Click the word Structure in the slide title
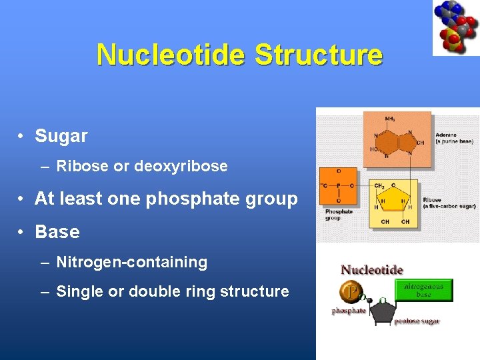click(319, 55)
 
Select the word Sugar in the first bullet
click(61, 136)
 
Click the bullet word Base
click(57, 232)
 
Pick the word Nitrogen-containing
click(132, 262)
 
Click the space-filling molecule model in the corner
click(456, 27)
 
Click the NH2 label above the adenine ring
click(389, 118)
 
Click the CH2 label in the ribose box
click(379, 187)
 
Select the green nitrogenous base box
click(423, 290)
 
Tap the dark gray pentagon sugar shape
click(382, 313)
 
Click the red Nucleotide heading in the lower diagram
click(372, 270)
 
